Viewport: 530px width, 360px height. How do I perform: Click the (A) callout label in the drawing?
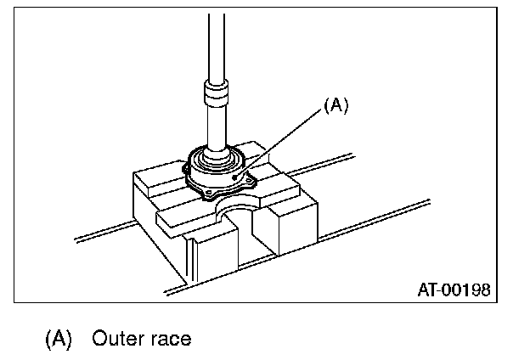click(336, 106)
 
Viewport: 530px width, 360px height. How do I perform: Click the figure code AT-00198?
click(453, 289)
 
